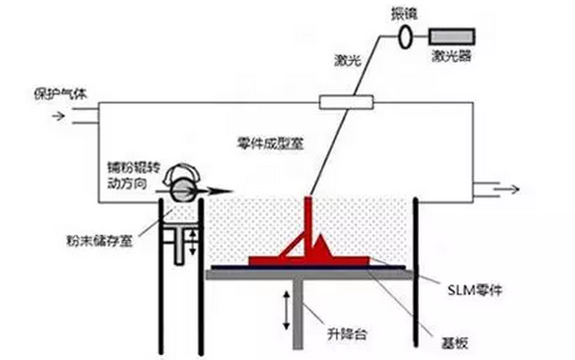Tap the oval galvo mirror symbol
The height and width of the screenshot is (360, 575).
tap(406, 37)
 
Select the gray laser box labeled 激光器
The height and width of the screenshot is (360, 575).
tap(452, 37)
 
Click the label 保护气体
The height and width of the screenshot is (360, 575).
tap(58, 92)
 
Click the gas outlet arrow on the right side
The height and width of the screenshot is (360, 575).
tap(505, 187)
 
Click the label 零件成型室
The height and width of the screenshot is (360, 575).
tap(269, 143)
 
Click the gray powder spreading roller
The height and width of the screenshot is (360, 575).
tap(182, 187)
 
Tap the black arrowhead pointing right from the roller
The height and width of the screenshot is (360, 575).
tap(220, 190)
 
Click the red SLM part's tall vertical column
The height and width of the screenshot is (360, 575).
tap(310, 225)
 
